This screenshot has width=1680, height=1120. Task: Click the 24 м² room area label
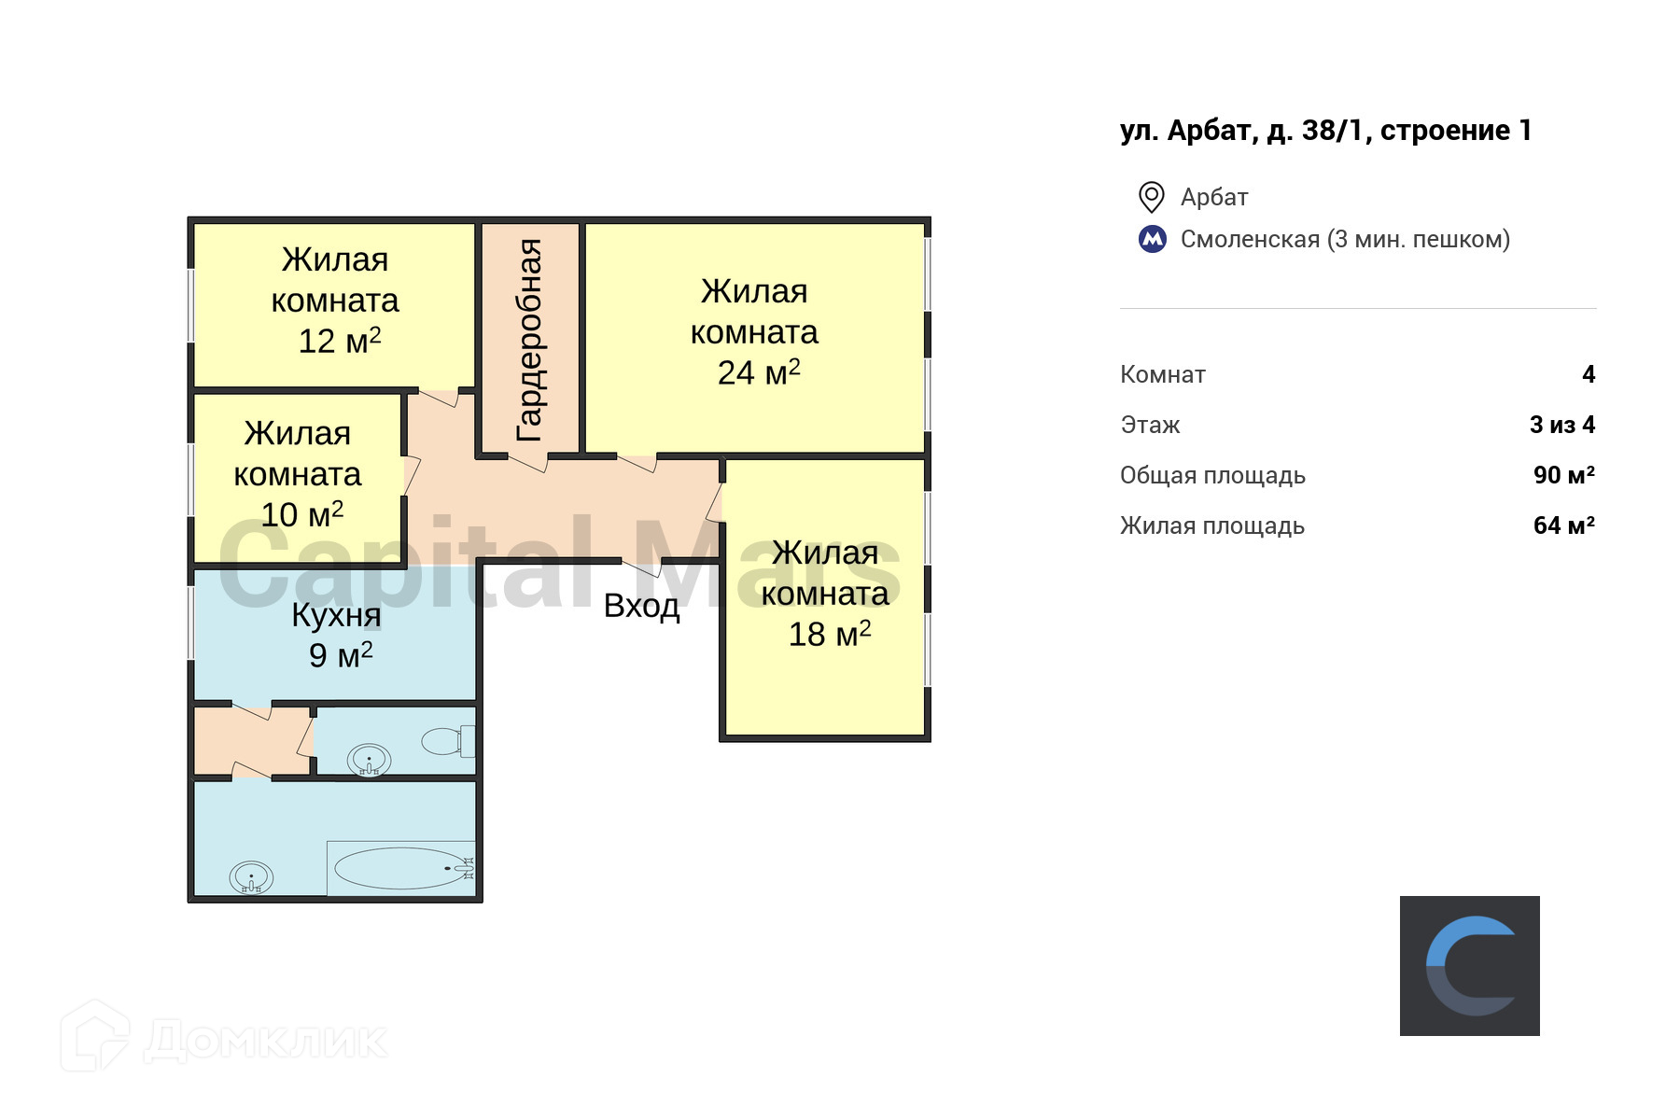758,373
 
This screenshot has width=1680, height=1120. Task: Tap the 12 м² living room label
339,341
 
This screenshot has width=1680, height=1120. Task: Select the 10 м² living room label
301,514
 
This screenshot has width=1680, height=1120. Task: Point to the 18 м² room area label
829,635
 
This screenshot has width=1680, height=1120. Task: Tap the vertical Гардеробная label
529,340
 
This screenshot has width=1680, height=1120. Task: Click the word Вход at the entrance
641,607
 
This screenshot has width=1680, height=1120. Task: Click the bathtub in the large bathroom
401,868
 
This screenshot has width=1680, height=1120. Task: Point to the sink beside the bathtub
250,877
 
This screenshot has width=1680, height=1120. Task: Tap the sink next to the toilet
369,760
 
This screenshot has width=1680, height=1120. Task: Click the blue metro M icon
1153,239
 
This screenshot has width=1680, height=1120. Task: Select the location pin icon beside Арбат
1152,197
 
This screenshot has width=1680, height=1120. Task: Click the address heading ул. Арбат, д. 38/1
1325,131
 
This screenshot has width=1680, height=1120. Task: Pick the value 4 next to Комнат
1589,374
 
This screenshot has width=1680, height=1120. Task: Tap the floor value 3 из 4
1562,425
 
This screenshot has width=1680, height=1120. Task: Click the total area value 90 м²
1563,475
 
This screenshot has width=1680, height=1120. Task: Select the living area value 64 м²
1563,525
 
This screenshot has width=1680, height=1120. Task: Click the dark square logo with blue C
1469,966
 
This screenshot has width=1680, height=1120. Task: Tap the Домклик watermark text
266,1041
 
